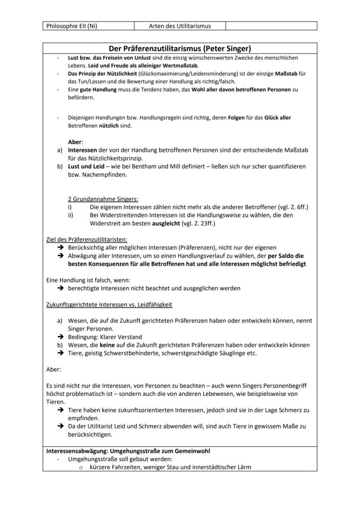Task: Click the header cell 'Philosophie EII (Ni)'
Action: point(72,26)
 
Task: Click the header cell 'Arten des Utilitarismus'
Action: point(180,26)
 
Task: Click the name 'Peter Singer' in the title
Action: point(227,48)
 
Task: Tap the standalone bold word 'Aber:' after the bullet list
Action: point(75,142)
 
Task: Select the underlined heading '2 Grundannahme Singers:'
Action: point(103,199)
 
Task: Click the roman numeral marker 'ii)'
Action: point(71,215)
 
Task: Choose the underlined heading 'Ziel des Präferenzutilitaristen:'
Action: point(87,240)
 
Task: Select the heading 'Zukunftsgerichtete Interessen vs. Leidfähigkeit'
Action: point(109,305)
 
